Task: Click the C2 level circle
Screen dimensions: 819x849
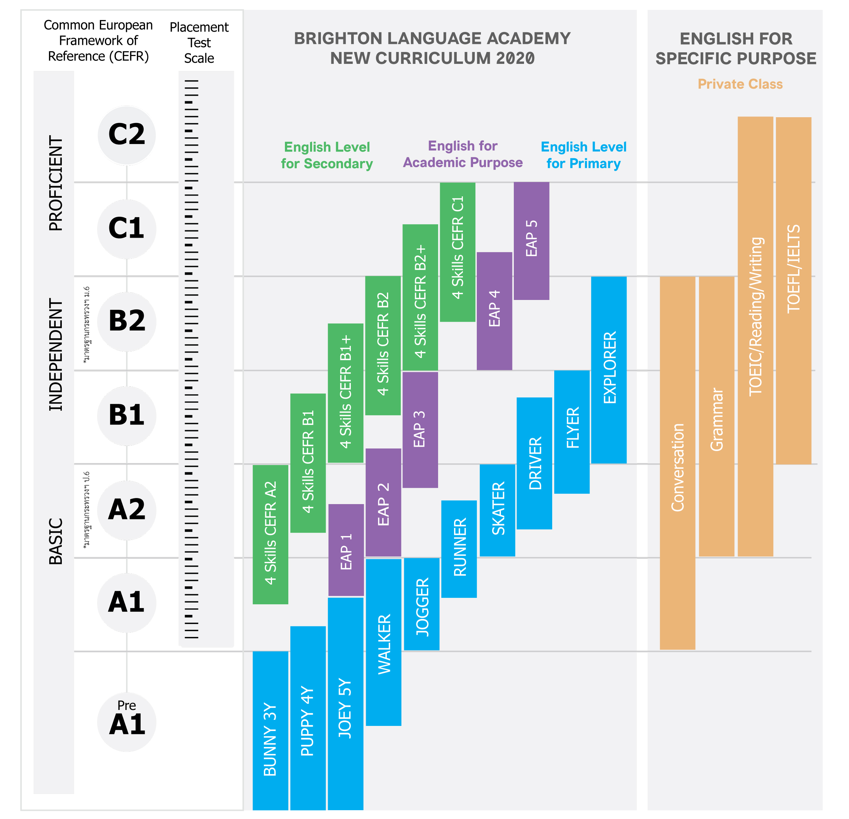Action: pyautogui.click(x=126, y=135)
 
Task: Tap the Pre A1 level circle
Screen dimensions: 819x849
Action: pyautogui.click(x=126, y=722)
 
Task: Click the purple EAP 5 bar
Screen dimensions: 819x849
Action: pyautogui.click(x=531, y=240)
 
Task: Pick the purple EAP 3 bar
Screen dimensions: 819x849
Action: pyautogui.click(x=420, y=429)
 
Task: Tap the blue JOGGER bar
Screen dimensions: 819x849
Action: pyautogui.click(x=421, y=604)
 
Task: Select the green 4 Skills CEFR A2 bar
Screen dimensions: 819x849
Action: pyautogui.click(x=270, y=534)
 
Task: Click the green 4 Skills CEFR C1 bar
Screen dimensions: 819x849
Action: pyautogui.click(x=457, y=252)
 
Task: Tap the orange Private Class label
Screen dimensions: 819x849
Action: pyautogui.click(x=740, y=84)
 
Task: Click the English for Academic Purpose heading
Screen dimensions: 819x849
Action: pyautogui.click(x=463, y=154)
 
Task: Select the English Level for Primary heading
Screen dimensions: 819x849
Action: pyautogui.click(x=583, y=155)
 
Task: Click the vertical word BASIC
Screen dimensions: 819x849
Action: pyautogui.click(x=55, y=541)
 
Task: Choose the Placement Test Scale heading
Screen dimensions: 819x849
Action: pyautogui.click(x=199, y=42)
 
